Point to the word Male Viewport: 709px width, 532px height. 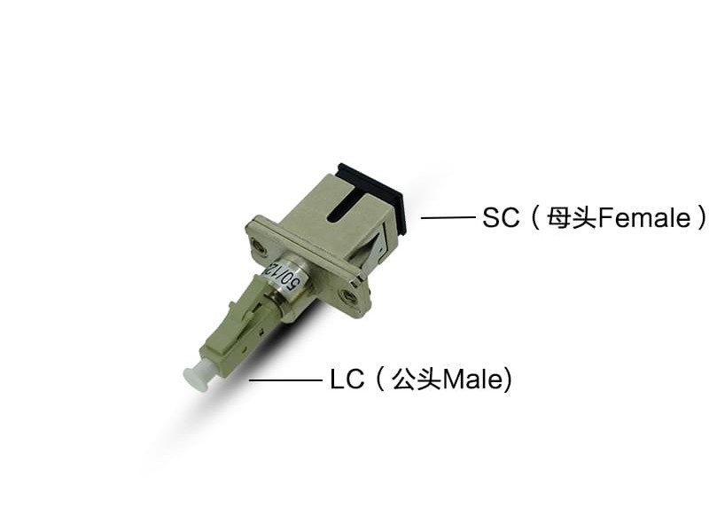[x=473, y=380]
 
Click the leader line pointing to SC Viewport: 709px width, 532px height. [x=448, y=217]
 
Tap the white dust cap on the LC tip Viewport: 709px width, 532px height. [x=196, y=377]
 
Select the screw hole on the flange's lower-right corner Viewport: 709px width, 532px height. [x=351, y=300]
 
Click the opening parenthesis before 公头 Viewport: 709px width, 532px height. [x=379, y=380]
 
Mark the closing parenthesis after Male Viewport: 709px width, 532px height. [x=508, y=380]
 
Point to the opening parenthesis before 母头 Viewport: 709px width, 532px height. [x=534, y=217]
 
